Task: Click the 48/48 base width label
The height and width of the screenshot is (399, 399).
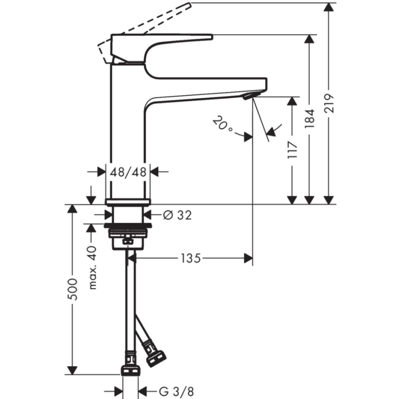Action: click(129, 172)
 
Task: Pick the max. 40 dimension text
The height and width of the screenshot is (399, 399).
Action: click(93, 267)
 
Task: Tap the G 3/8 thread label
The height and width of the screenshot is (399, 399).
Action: click(176, 391)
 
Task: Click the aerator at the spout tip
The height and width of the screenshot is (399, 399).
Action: click(249, 95)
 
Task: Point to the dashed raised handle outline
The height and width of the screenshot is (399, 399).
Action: click(147, 23)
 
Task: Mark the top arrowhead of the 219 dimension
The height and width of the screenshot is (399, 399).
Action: click(329, 7)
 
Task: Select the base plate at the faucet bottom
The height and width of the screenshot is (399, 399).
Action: click(129, 201)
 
